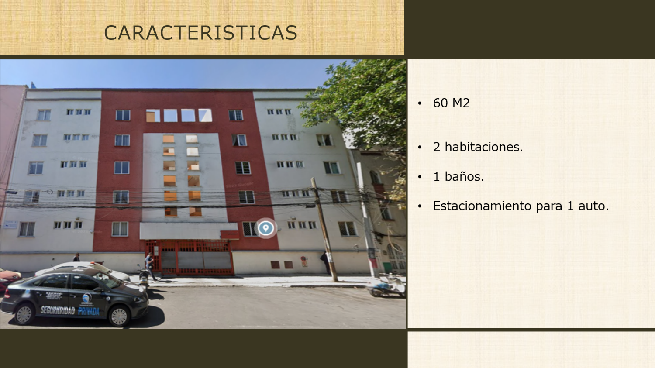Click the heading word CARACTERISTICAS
(200, 32)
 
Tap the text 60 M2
(451, 103)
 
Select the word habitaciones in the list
(484, 147)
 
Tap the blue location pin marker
(265, 228)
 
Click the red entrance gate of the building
(190, 258)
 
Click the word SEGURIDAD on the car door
(58, 310)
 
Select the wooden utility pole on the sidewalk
(324, 230)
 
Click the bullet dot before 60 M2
(420, 103)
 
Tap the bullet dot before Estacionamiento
(420, 206)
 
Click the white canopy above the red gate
(189, 231)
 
